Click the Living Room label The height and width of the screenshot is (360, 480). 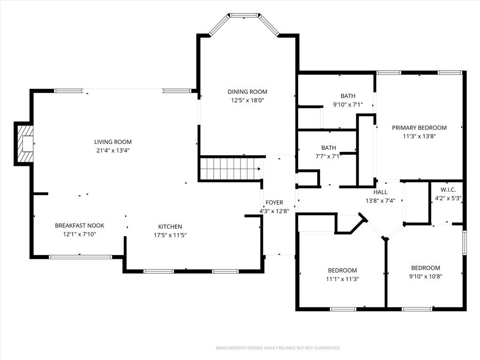113,142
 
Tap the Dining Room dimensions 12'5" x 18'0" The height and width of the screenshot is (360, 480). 247,100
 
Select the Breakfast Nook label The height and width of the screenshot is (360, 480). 80,225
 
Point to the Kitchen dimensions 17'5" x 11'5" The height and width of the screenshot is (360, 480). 170,235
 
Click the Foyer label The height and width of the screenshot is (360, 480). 274,202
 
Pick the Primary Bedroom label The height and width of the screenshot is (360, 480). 420,127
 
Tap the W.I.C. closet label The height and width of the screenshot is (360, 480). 448,190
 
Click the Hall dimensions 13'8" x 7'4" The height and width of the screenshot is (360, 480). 381,201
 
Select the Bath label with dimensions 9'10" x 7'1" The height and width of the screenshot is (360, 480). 348,96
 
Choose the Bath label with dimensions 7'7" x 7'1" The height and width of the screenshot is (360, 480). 329,148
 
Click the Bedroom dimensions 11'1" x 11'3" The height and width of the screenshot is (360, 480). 343,279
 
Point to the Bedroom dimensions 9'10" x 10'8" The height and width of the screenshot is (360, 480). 426,277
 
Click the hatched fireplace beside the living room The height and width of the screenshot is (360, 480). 24,143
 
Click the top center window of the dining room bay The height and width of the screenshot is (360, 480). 244,15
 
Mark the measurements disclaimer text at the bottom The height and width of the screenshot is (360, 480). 278,348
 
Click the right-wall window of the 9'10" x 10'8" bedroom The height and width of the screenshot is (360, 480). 465,243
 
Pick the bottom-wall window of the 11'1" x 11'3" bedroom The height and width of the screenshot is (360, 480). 344,309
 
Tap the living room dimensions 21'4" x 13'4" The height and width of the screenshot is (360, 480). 113,150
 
